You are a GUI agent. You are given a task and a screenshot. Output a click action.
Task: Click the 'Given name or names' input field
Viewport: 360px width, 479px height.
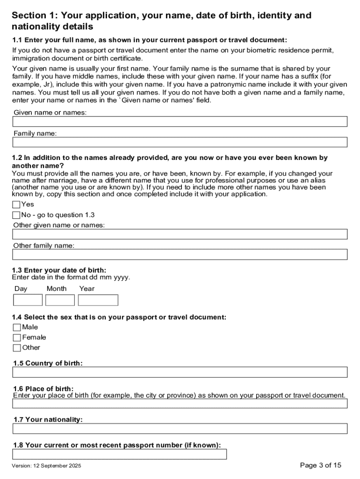point(180,122)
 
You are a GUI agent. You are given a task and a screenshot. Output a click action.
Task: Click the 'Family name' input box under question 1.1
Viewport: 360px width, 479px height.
point(180,142)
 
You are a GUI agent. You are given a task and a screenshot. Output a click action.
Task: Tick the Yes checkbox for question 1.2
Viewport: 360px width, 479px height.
point(16,204)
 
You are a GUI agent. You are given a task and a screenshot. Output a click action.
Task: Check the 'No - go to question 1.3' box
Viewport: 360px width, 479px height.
point(16,215)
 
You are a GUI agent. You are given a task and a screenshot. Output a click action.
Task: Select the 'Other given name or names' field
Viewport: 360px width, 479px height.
point(180,234)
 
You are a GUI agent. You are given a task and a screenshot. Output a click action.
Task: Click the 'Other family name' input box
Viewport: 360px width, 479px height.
point(180,254)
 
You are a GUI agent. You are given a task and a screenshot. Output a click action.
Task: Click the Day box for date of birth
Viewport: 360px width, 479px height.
point(28,300)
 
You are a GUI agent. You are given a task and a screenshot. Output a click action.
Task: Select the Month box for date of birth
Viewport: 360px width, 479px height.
point(60,300)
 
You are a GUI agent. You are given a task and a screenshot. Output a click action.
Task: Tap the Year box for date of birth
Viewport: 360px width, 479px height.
point(98,300)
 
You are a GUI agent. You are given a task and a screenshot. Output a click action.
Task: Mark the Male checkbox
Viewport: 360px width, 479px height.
point(17,327)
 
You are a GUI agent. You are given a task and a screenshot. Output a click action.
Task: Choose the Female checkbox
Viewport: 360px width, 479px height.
point(17,338)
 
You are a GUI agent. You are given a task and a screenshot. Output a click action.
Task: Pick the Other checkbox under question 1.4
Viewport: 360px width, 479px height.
point(17,348)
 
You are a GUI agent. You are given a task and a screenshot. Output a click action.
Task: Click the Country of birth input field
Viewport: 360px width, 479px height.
point(180,372)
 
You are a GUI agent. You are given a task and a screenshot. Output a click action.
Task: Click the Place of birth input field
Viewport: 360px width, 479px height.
point(180,403)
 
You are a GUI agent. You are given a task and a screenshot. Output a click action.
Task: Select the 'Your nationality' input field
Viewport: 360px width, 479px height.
point(180,428)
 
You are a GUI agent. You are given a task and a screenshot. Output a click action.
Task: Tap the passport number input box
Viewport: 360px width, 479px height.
point(120,454)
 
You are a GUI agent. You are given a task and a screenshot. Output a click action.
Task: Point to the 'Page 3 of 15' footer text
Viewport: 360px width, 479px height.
point(321,465)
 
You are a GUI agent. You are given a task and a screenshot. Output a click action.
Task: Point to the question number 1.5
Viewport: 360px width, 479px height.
point(18,363)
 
